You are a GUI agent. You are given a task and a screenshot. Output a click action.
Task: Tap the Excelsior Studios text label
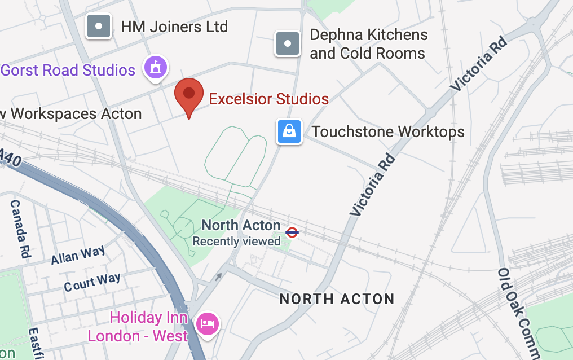click(268, 99)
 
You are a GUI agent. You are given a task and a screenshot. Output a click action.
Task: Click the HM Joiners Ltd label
click(174, 27)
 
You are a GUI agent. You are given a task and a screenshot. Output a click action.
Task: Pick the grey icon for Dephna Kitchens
click(288, 43)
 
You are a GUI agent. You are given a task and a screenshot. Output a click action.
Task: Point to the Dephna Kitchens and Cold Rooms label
click(368, 44)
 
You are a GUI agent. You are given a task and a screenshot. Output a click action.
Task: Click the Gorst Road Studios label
click(68, 70)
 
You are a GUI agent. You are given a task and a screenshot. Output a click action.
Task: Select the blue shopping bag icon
click(289, 132)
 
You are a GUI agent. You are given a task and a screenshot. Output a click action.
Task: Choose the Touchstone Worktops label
click(388, 132)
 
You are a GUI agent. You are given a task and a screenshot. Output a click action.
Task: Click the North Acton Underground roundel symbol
click(292, 232)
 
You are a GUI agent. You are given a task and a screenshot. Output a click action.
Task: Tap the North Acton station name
click(241, 225)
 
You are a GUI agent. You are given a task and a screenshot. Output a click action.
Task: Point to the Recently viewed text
click(237, 242)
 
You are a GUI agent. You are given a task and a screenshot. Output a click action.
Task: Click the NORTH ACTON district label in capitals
click(337, 299)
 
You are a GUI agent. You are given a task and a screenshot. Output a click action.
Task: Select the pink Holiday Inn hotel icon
click(207, 324)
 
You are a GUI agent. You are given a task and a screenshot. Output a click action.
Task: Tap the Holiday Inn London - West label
click(141, 327)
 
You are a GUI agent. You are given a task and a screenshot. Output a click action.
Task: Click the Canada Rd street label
click(20, 229)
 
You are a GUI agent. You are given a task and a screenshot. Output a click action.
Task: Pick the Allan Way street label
click(78, 256)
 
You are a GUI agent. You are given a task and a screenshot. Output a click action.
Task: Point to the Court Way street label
click(92, 282)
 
